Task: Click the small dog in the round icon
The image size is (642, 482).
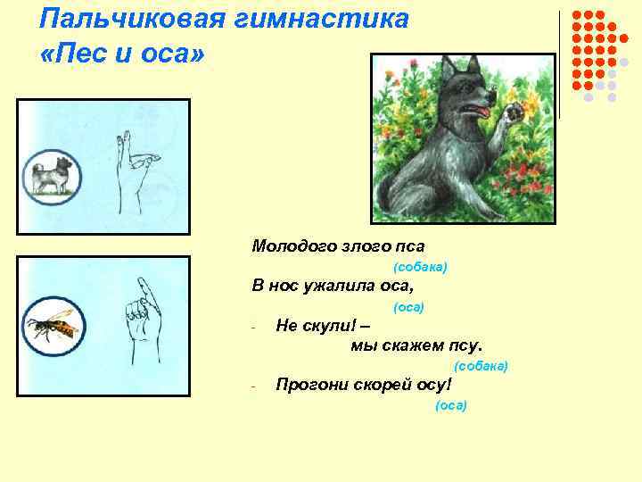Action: click(51, 176)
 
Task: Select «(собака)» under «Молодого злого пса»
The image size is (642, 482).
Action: click(419, 267)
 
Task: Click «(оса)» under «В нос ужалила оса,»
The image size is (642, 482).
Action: click(408, 307)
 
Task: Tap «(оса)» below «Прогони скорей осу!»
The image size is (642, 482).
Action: click(451, 405)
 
